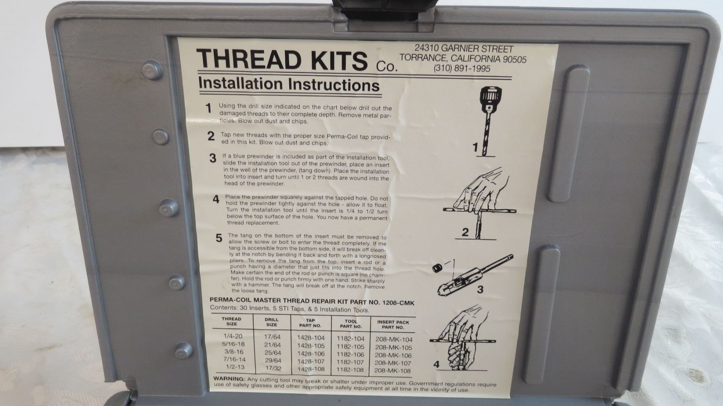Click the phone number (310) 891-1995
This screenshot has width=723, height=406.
point(462,69)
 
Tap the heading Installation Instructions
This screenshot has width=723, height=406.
point(289,85)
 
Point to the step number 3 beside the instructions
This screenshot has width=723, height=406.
point(213,158)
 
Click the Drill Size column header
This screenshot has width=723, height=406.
point(272,322)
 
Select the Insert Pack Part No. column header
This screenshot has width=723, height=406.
point(393,324)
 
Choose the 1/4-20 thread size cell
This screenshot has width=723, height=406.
point(233,336)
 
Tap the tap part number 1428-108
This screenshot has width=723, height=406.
point(310,369)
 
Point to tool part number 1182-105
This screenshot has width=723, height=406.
point(350,347)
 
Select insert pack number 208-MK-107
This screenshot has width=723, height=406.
point(393,363)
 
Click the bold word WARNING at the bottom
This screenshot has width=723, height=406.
point(229,379)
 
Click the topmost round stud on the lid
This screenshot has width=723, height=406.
point(153,70)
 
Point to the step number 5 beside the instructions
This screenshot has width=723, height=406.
point(219,238)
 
